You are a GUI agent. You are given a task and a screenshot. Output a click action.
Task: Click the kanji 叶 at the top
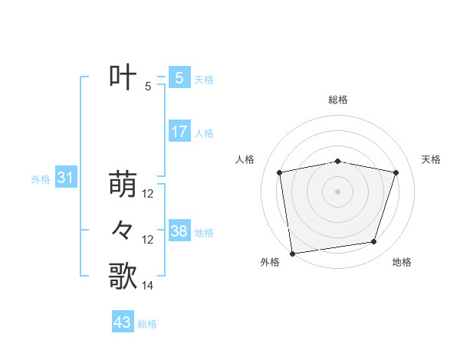pyautogui.click(x=123, y=77)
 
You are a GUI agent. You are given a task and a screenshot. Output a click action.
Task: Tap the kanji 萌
pyautogui.click(x=123, y=185)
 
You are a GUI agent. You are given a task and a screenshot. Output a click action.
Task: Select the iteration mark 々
pyautogui.click(x=123, y=231)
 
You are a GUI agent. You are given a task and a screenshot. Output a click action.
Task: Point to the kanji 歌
pyautogui.click(x=123, y=277)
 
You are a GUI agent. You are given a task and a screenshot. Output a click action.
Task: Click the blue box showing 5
pyautogui.click(x=179, y=77)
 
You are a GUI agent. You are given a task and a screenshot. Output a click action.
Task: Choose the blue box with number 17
pyautogui.click(x=179, y=131)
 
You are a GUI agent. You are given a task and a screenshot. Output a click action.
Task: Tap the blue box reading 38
pyautogui.click(x=179, y=231)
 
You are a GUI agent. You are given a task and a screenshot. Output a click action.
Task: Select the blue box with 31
pyautogui.click(x=65, y=178)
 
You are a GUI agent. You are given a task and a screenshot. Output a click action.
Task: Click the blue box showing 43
pyautogui.click(x=123, y=322)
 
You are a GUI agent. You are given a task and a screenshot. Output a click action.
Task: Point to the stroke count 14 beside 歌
pyautogui.click(x=148, y=286)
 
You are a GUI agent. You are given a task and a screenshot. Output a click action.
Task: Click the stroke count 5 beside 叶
pyautogui.click(x=148, y=87)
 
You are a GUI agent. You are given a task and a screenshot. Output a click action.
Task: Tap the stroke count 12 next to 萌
pyautogui.click(x=148, y=194)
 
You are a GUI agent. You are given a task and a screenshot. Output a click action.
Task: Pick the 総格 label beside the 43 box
pyautogui.click(x=147, y=324)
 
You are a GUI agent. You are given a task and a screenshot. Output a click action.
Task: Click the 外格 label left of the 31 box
pyautogui.click(x=41, y=180)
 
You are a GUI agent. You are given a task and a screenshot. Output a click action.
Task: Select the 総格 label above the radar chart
pyautogui.click(x=337, y=100)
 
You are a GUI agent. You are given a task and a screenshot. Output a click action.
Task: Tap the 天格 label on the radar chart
pyautogui.click(x=432, y=159)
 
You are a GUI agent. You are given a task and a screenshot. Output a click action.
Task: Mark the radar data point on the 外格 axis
pyautogui.click(x=292, y=253)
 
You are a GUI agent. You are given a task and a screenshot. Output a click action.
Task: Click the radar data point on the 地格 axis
pyautogui.click(x=374, y=242)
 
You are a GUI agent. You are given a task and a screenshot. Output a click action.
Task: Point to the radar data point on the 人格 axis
pyautogui.click(x=280, y=172)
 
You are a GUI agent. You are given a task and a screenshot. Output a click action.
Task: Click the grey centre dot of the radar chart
pyautogui.click(x=337, y=191)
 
